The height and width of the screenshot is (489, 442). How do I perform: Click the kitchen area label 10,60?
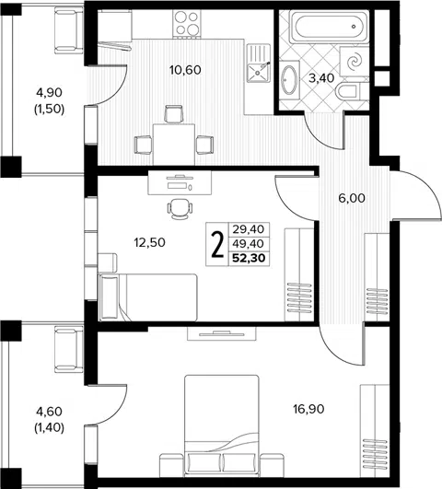(185, 70)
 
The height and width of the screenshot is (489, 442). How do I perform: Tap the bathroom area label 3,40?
(321, 78)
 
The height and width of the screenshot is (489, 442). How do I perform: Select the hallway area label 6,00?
(352, 198)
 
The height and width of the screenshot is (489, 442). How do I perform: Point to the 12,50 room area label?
(150, 242)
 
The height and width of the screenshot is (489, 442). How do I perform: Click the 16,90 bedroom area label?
(308, 409)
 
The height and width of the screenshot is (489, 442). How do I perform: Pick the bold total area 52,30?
(249, 258)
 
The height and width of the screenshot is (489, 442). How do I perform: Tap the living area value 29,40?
(249, 229)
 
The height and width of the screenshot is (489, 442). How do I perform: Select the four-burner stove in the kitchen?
(187, 23)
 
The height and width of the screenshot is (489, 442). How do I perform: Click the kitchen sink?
(259, 63)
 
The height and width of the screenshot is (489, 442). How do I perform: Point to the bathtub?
(330, 27)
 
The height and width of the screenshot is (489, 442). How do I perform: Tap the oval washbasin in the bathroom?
(289, 80)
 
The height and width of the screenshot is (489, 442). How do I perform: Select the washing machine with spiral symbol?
(355, 62)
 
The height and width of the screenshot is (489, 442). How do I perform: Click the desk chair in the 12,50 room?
(180, 208)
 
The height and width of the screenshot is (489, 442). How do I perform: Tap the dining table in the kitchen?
(174, 145)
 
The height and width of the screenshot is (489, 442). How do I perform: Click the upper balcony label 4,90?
(50, 92)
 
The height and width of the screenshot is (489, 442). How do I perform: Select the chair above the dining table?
(174, 114)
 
